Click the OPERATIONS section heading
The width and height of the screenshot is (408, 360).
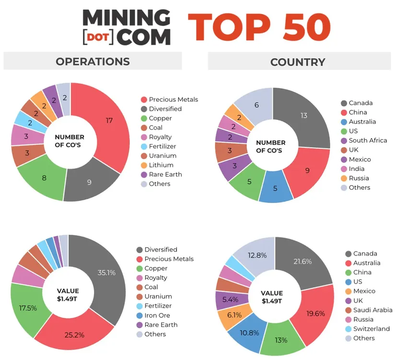pyautogui.click(x=93, y=61)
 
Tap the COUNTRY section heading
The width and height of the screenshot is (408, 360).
pyautogui.click(x=298, y=62)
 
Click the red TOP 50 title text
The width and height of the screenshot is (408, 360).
pyautogui.click(x=259, y=27)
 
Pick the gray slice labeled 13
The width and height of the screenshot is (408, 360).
pyautogui.click(x=303, y=116)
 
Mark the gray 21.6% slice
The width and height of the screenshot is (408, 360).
pyautogui.click(x=302, y=261)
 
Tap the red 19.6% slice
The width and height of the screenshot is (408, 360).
pyautogui.click(x=315, y=313)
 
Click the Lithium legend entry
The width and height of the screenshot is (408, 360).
pyautogui.click(x=161, y=165)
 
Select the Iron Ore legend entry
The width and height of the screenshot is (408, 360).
pyautogui.click(x=158, y=315)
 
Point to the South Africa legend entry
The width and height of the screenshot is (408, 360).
pyautogui.click(x=367, y=141)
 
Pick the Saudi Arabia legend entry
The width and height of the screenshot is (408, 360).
pyautogui.click(x=373, y=310)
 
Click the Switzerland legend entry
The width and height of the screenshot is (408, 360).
pyautogui.click(x=371, y=329)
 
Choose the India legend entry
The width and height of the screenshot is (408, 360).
pyautogui.click(x=356, y=169)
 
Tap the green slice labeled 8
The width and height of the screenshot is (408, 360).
pyautogui.click(x=44, y=178)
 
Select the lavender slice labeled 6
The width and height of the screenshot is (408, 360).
pyautogui.click(x=256, y=105)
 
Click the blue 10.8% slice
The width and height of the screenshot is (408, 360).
pyautogui.click(x=243, y=332)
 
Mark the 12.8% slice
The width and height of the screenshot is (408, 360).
pyautogui.click(x=255, y=255)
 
